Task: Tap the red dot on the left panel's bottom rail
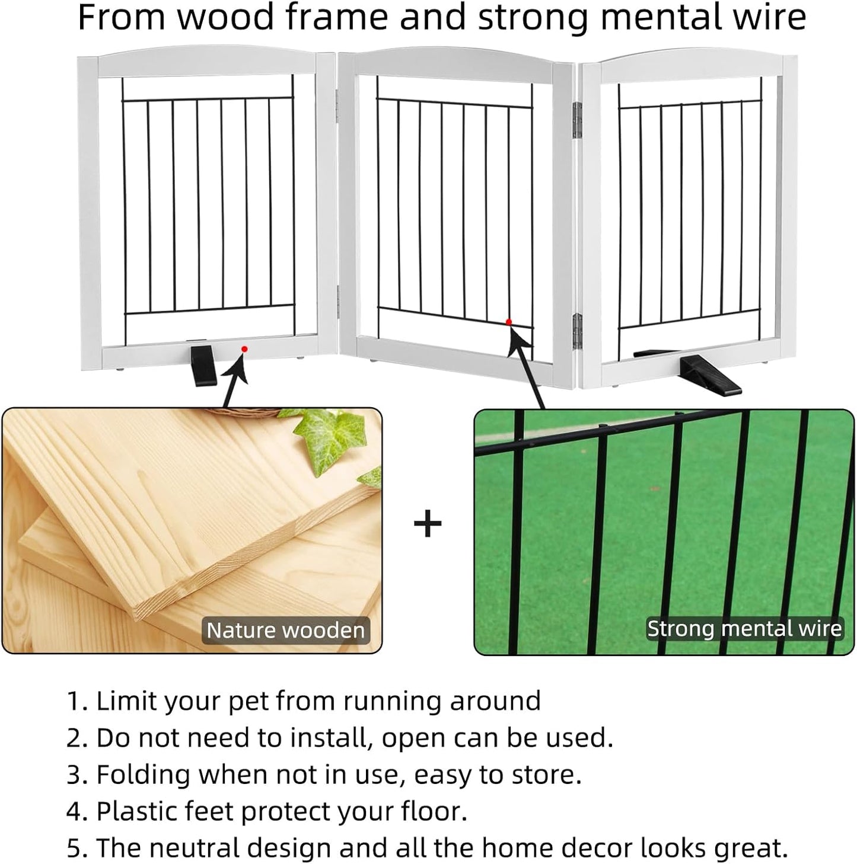click(244, 349)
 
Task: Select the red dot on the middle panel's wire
click(508, 322)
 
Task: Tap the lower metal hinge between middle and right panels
click(576, 331)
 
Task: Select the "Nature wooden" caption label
click(285, 630)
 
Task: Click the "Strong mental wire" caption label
click(744, 629)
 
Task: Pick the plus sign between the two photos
click(428, 524)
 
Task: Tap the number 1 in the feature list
click(74, 701)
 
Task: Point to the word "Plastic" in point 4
click(137, 811)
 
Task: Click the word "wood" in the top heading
click(226, 18)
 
